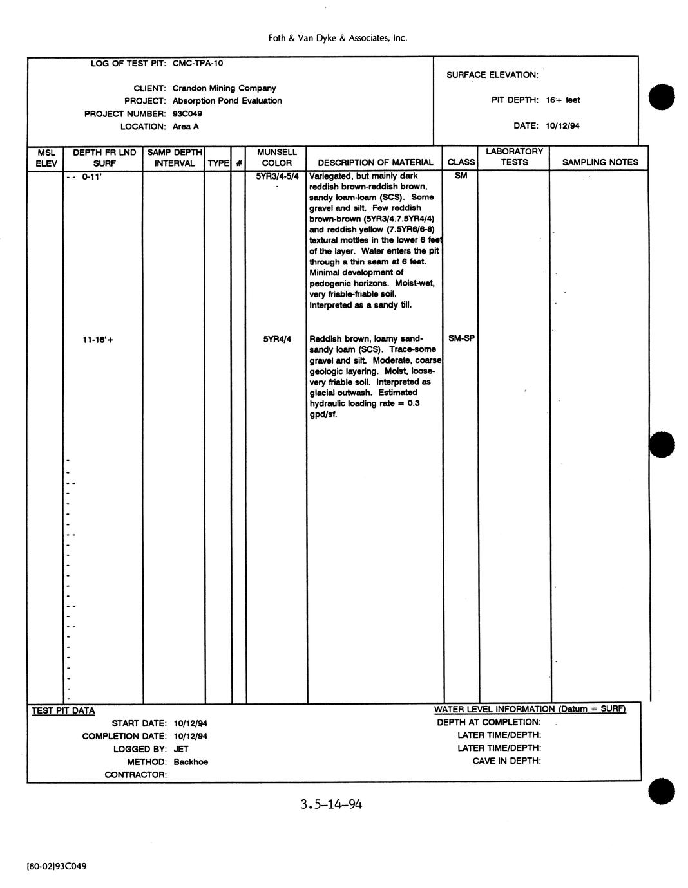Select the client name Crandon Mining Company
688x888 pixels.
point(224,88)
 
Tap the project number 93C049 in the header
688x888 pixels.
point(187,114)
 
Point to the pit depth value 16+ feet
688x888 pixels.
point(562,100)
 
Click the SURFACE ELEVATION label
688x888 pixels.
point(492,75)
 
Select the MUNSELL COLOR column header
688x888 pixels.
point(276,158)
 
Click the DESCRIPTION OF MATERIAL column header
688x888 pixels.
point(376,163)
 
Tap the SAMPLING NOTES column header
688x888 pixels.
point(600,163)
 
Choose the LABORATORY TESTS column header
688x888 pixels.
point(514,157)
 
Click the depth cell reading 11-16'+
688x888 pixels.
point(98,340)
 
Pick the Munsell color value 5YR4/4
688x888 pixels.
point(277,339)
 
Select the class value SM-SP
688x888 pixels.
point(461,338)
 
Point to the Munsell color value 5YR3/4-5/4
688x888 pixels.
point(277,176)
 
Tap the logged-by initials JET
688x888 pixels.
point(181,749)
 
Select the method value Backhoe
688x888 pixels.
point(191,762)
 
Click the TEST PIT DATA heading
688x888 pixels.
point(63,711)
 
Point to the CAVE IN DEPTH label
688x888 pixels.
point(506,761)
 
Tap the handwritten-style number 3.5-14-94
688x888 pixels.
point(331,804)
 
